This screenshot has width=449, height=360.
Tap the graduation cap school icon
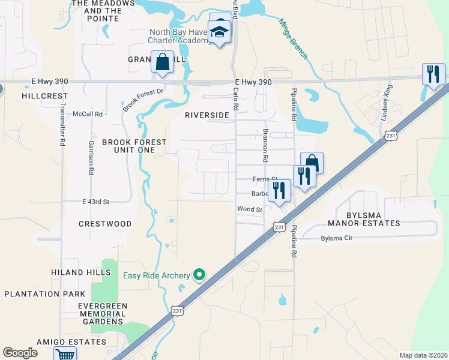coord(220,32)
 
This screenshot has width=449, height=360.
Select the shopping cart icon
coord(65,355)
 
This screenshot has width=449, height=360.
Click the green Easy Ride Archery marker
coord(200,275)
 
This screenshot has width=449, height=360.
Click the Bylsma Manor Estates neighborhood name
coord(364,218)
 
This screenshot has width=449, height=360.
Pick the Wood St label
coord(250,209)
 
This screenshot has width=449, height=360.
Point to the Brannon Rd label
coord(264,146)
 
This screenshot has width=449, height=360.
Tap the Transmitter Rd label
coord(62,122)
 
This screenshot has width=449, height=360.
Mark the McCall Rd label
coord(88,113)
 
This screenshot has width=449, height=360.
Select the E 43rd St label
coord(96,202)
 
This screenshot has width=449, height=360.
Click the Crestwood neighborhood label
coord(105,224)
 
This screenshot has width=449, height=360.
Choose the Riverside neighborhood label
coord(207,115)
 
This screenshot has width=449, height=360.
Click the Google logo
coord(20,353)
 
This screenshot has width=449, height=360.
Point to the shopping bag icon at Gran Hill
coord(163,61)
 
